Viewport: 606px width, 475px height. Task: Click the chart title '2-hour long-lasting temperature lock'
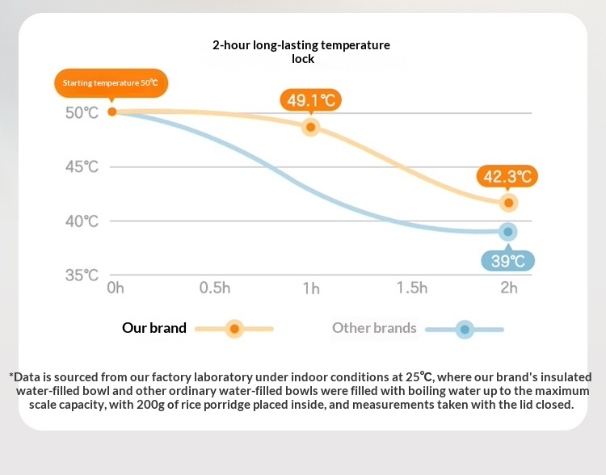[301, 52]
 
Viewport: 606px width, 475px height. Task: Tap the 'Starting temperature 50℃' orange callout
[111, 83]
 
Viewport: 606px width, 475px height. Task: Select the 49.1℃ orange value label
[311, 101]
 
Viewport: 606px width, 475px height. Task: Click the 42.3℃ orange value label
[507, 176]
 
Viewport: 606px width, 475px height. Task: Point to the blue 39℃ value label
[508, 261]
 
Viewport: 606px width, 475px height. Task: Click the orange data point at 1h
[310, 128]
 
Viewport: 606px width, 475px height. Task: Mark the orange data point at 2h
[508, 203]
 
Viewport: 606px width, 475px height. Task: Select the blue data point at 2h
[508, 232]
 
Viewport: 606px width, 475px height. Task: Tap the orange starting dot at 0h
[112, 111]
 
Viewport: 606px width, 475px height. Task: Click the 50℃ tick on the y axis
[82, 112]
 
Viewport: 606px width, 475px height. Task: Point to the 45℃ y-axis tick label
[82, 167]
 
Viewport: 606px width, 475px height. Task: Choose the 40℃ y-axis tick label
[82, 221]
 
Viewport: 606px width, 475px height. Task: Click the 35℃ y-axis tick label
[82, 275]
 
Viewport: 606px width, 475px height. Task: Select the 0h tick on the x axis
[115, 288]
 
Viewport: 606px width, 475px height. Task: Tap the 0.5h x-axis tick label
[215, 288]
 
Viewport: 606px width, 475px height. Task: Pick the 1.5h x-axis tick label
[411, 288]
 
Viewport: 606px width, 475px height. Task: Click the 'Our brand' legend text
[154, 328]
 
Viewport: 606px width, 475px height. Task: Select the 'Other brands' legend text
[374, 328]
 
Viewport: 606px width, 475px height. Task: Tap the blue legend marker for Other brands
[464, 329]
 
